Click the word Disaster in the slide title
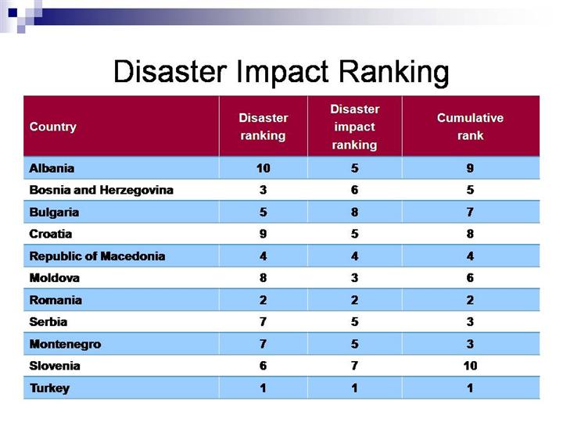tap(165, 72)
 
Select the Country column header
tap(52, 127)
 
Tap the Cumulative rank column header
tap(470, 127)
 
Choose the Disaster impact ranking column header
tap(354, 127)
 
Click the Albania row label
tap(52, 168)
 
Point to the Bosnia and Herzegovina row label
tap(101, 190)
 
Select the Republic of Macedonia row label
tap(97, 256)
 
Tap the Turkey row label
tap(49, 388)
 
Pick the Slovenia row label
tap(55, 366)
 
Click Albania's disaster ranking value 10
tap(264, 168)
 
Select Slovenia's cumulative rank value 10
tap(470, 366)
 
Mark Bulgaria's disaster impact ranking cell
tap(354, 212)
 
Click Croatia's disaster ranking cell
tap(264, 234)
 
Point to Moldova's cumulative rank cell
tap(470, 278)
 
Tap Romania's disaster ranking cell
tap(264, 300)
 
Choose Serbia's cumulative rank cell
tap(470, 322)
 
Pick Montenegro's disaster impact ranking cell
tap(354, 344)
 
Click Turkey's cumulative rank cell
tap(470, 388)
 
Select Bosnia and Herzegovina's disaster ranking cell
tap(264, 190)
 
